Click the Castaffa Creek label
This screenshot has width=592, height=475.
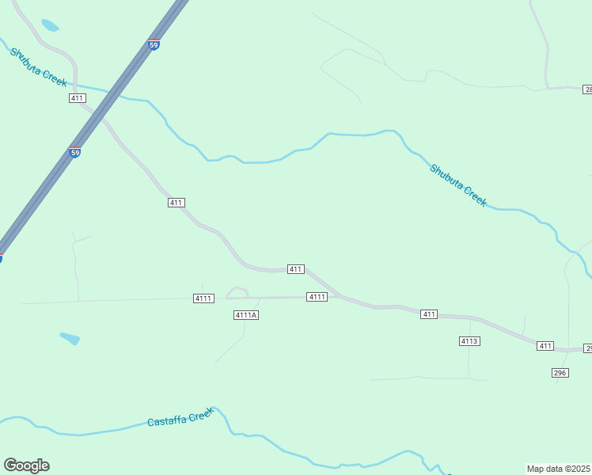point(181,417)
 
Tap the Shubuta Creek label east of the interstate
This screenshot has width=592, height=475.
point(458,184)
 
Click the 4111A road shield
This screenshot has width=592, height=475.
point(247,315)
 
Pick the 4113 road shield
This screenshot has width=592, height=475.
point(469,341)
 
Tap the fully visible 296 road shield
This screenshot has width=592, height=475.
point(560,373)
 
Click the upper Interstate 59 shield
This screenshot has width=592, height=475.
point(154,45)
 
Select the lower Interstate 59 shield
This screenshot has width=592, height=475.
point(74,152)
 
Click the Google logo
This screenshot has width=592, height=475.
point(26,465)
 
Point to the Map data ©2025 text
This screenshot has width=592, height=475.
point(558,469)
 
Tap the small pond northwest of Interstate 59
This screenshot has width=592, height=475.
point(50,25)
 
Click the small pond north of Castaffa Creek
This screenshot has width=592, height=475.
point(70,338)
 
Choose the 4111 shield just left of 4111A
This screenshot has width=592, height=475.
point(203,298)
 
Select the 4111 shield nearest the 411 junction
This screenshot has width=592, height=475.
point(317,297)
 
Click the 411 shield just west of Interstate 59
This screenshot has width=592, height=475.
point(77,98)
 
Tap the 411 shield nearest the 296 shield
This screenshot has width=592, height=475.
point(545,346)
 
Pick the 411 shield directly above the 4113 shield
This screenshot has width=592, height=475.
point(429,314)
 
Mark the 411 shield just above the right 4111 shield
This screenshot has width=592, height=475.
point(295,269)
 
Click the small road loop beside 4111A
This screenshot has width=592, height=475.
point(237,292)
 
